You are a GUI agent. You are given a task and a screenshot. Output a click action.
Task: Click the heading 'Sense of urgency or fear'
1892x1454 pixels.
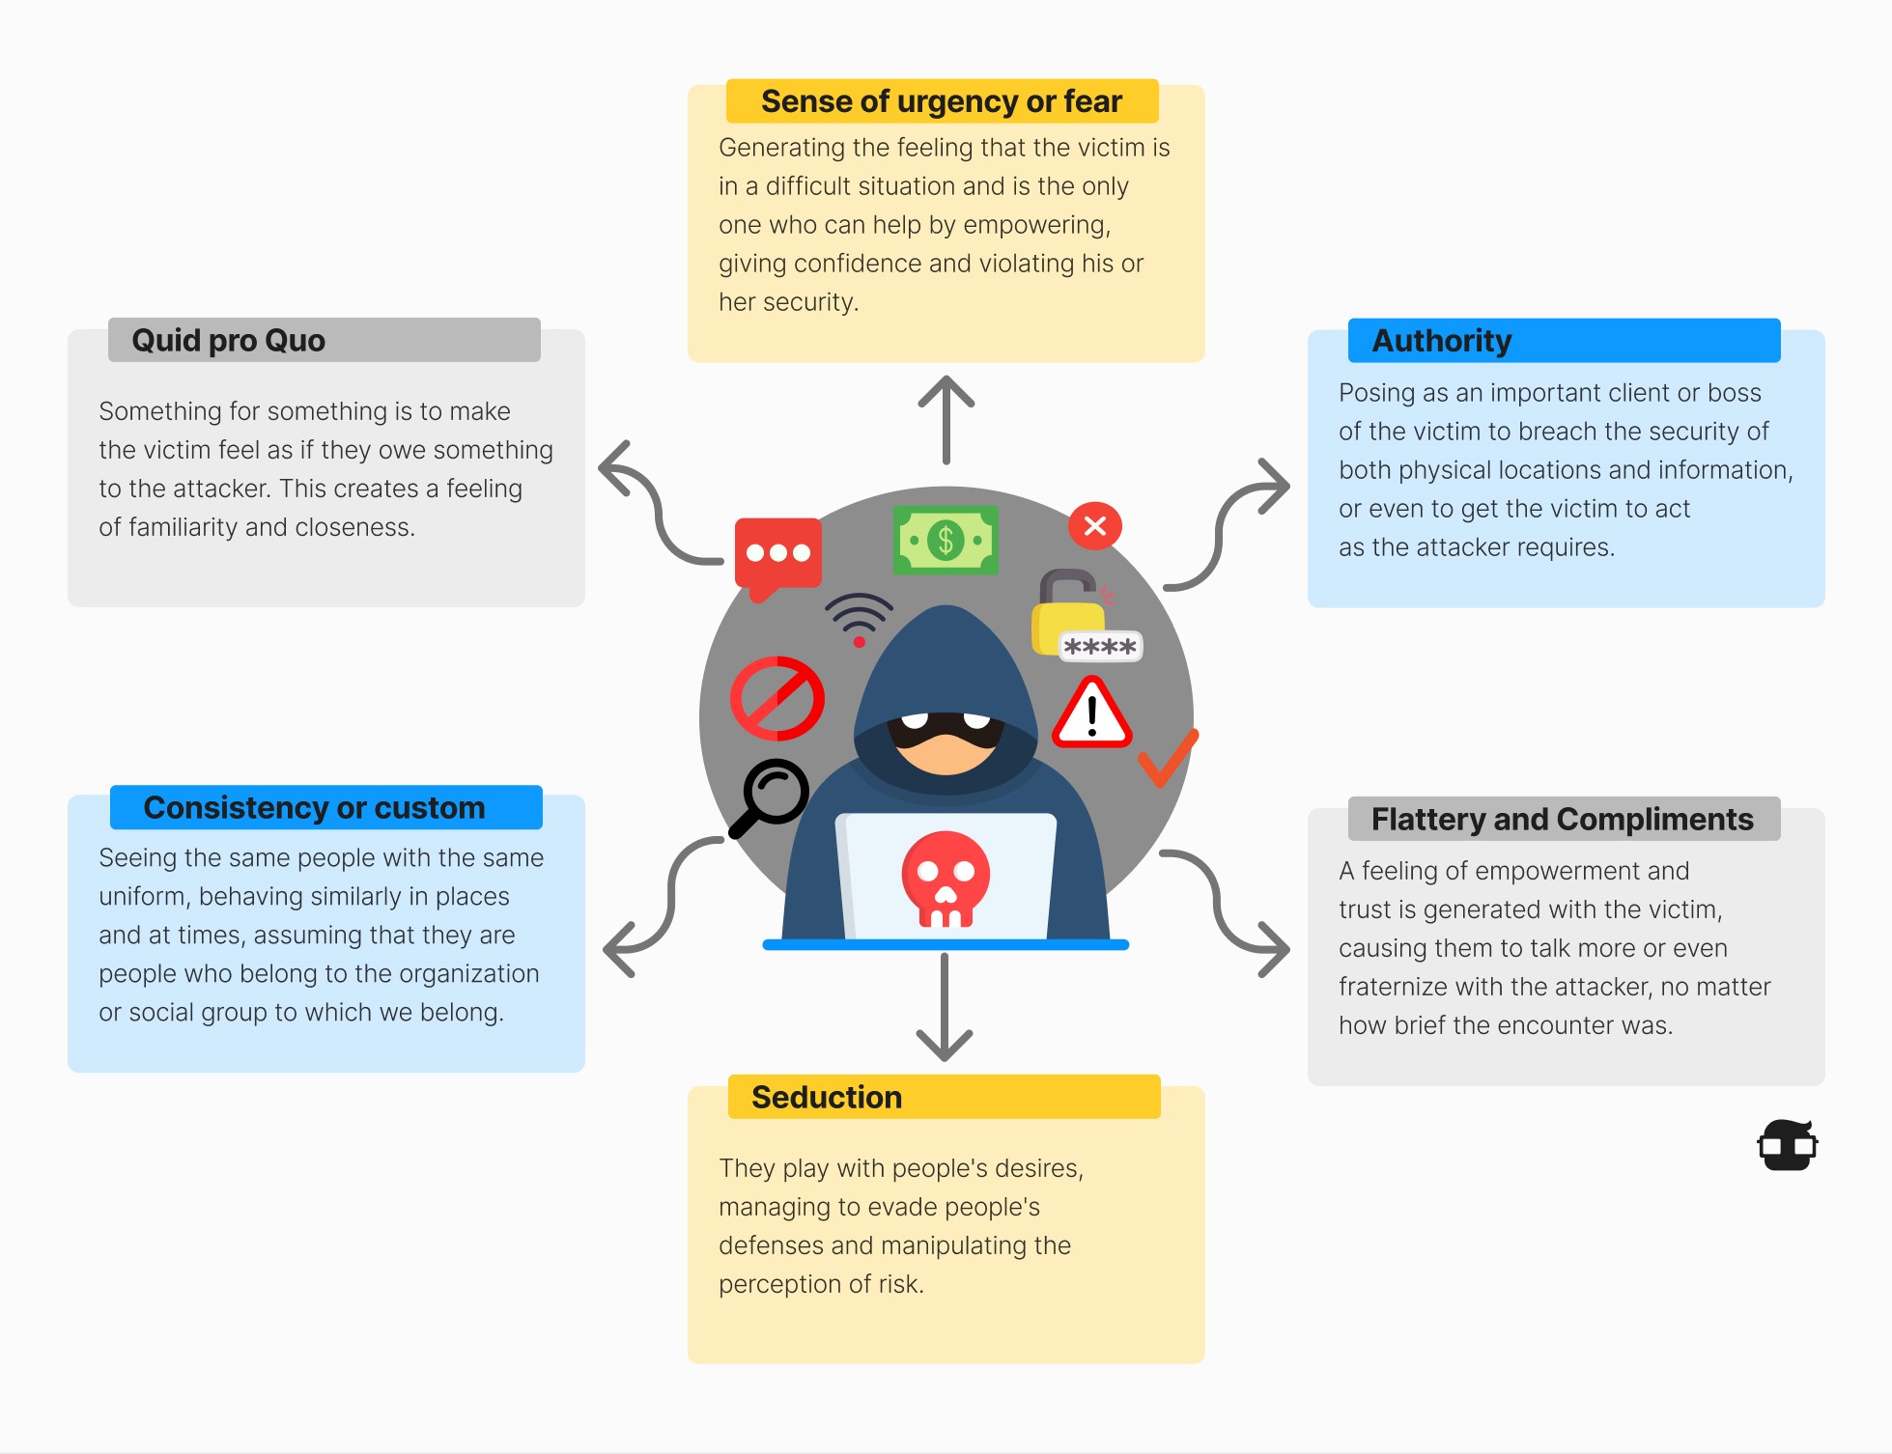941,101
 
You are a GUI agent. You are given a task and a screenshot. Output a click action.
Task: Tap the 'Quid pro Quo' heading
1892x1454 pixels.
228,341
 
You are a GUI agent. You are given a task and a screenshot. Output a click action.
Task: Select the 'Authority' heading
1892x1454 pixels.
1441,341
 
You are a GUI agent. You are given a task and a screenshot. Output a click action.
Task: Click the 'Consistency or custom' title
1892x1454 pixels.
314,808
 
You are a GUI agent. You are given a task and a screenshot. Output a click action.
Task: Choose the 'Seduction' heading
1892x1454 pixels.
827,1098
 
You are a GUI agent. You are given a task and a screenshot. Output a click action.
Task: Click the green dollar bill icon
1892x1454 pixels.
946,541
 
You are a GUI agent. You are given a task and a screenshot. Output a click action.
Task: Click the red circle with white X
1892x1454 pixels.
1094,526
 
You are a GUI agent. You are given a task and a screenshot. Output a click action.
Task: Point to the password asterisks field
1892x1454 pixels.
1100,647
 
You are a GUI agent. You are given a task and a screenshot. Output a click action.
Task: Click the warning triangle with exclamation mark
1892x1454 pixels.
1091,715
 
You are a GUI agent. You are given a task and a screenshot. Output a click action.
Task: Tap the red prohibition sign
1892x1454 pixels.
777,699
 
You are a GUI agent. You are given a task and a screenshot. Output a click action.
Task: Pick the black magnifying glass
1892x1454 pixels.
770,797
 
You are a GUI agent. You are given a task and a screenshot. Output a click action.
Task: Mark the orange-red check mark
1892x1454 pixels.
1167,758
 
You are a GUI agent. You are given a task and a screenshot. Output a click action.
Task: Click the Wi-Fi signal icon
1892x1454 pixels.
859,616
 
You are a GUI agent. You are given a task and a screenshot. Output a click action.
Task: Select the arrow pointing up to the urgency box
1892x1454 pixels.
946,420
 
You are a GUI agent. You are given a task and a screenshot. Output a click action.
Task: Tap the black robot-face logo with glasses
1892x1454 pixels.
1788,1146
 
